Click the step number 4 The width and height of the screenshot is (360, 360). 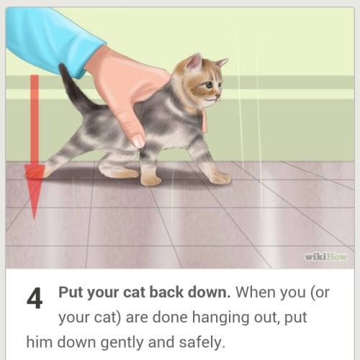[35, 298]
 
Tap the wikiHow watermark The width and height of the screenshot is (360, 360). [326, 257]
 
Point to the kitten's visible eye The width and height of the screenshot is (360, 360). [210, 84]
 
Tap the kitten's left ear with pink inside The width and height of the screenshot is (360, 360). [194, 62]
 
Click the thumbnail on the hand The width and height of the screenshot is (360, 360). [138, 141]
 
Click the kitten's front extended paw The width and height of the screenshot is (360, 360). [221, 179]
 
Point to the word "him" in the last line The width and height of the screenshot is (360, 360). [39, 342]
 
